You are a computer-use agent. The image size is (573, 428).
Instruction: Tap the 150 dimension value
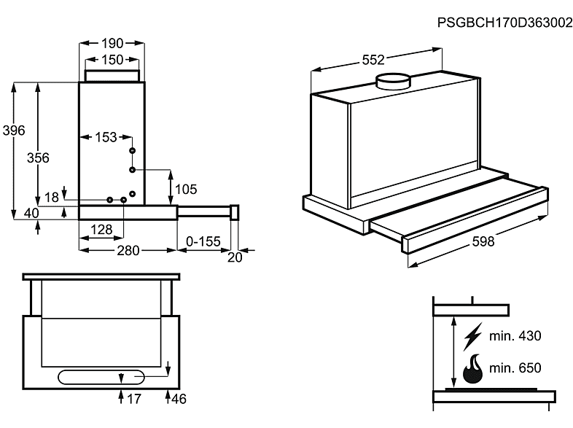112,60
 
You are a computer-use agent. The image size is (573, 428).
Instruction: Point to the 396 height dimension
14,131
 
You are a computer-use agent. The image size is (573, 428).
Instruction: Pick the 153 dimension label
106,136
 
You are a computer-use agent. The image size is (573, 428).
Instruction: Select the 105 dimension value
186,190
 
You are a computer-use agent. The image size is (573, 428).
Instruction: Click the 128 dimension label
101,230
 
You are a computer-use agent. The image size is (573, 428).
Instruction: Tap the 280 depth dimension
128,251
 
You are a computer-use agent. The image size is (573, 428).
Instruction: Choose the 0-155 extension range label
203,241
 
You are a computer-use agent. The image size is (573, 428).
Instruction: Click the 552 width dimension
373,59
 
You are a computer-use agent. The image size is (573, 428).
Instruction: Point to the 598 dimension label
478,242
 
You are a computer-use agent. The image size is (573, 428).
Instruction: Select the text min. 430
515,336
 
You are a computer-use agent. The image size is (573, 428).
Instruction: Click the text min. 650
515,367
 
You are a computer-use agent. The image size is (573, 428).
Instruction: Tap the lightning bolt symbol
473,336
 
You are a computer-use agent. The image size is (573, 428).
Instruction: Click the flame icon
473,370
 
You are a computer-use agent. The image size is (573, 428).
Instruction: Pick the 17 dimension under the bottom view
134,400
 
